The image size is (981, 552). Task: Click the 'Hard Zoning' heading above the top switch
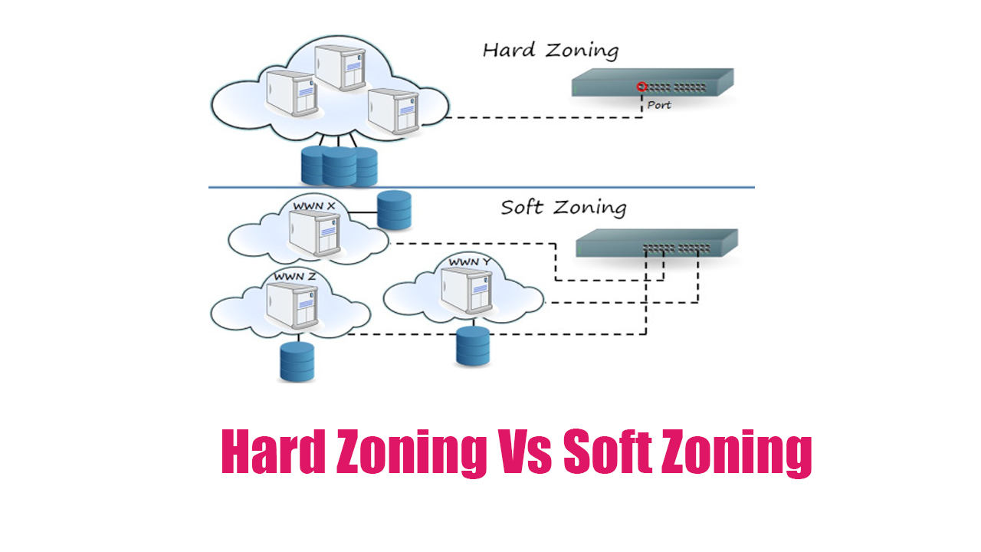pos(550,51)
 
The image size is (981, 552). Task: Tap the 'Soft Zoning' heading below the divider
pos(563,208)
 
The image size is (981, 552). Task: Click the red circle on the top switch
pos(641,87)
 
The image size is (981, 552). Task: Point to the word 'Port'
pos(659,105)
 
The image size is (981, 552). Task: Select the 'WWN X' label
pos(314,206)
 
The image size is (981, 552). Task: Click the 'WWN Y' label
pos(470,262)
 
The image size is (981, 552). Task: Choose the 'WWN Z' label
pos(295,277)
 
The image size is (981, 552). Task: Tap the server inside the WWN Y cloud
pos(467,290)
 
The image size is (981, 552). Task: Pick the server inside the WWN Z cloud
pos(293,305)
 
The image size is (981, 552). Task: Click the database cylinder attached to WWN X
pos(394,210)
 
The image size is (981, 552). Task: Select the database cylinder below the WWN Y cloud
pos(473,346)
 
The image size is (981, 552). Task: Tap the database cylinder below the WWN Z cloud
pos(297,362)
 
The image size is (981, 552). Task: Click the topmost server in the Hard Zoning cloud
pos(341,67)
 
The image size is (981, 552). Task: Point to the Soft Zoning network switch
pos(657,243)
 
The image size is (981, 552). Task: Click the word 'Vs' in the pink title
pos(524,452)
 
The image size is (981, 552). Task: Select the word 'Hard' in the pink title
pos(274,452)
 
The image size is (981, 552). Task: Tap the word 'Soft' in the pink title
pos(608,452)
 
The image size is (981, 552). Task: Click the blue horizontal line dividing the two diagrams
pos(481,188)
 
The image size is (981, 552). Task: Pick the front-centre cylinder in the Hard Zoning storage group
pos(340,166)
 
